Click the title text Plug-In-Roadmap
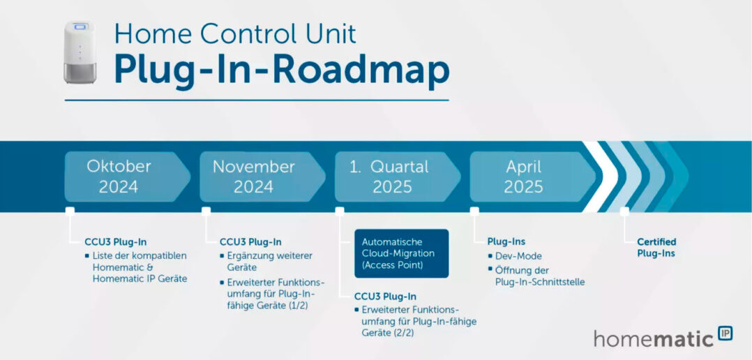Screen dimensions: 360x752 pyautogui.click(x=281, y=69)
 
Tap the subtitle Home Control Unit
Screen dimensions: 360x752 pyautogui.click(x=235, y=33)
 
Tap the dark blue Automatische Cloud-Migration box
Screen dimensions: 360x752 pyautogui.click(x=401, y=253)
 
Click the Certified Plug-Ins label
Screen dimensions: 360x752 pyautogui.click(x=656, y=248)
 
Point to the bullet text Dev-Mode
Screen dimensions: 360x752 pyautogui.click(x=518, y=256)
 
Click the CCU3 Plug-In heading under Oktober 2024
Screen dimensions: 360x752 pyautogui.click(x=115, y=242)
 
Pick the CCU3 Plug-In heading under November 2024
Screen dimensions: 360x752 pyautogui.click(x=250, y=242)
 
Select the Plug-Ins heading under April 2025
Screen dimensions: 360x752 pyautogui.click(x=506, y=241)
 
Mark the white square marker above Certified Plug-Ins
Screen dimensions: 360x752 pyautogui.click(x=624, y=211)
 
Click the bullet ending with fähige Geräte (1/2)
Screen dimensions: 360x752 pyautogui.click(x=276, y=294)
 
